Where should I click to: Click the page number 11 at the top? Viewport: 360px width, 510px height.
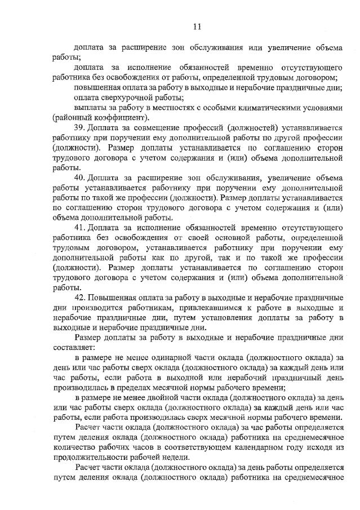[197, 26]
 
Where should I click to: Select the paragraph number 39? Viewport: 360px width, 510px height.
[79, 128]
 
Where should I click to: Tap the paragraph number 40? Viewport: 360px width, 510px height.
[79, 178]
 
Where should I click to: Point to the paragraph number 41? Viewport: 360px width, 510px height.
[79, 227]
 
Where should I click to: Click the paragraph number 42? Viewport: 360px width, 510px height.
[79, 297]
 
